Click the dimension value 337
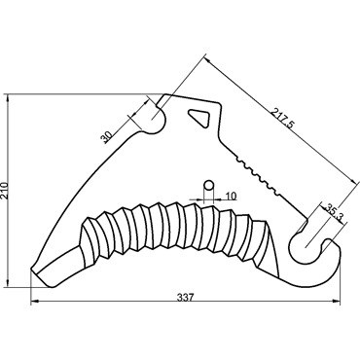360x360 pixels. [185, 297]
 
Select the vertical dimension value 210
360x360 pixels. [5, 191]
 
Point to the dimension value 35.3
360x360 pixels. [334, 213]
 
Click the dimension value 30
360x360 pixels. [106, 137]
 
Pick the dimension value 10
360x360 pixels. [231, 196]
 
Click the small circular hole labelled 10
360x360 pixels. [208, 186]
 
